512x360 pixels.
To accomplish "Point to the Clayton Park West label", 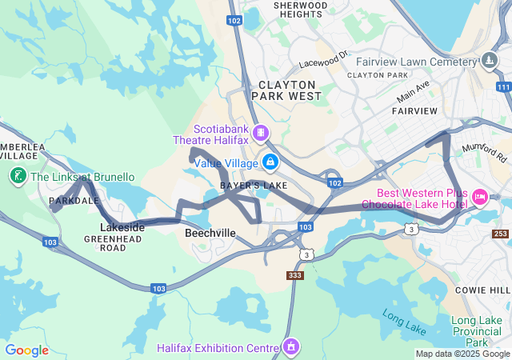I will [286, 90].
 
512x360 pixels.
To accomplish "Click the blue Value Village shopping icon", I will [270, 162].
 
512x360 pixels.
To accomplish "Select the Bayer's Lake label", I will [254, 186].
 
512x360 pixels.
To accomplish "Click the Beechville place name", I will [210, 233].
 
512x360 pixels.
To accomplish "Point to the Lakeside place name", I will [122, 227].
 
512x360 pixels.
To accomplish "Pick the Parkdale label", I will [73, 200].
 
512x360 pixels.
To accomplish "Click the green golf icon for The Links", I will [17, 176].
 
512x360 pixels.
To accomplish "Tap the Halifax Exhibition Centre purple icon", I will [290, 346].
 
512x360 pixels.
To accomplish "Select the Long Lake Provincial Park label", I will [477, 331].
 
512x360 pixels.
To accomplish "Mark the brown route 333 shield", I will [295, 275].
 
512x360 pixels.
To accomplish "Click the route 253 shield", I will [500, 234].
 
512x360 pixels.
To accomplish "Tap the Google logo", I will [26, 350].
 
